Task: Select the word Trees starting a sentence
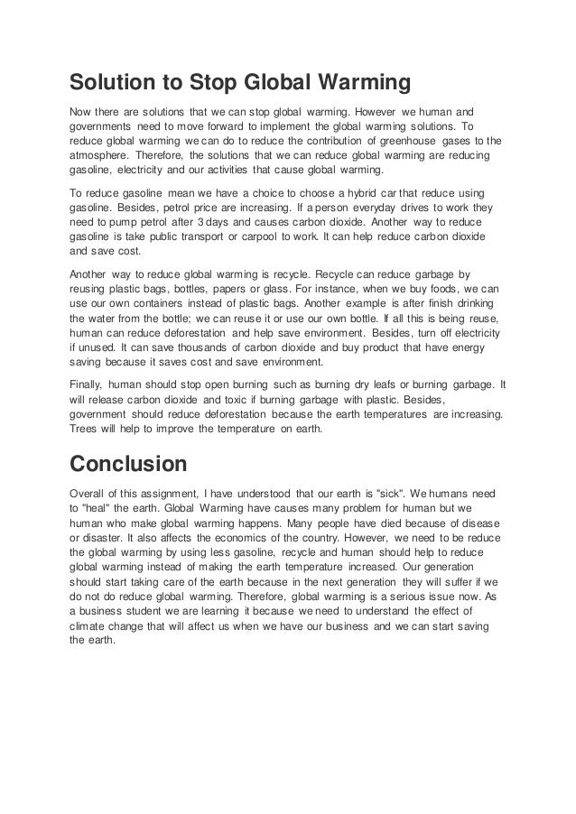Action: pos(88,430)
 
